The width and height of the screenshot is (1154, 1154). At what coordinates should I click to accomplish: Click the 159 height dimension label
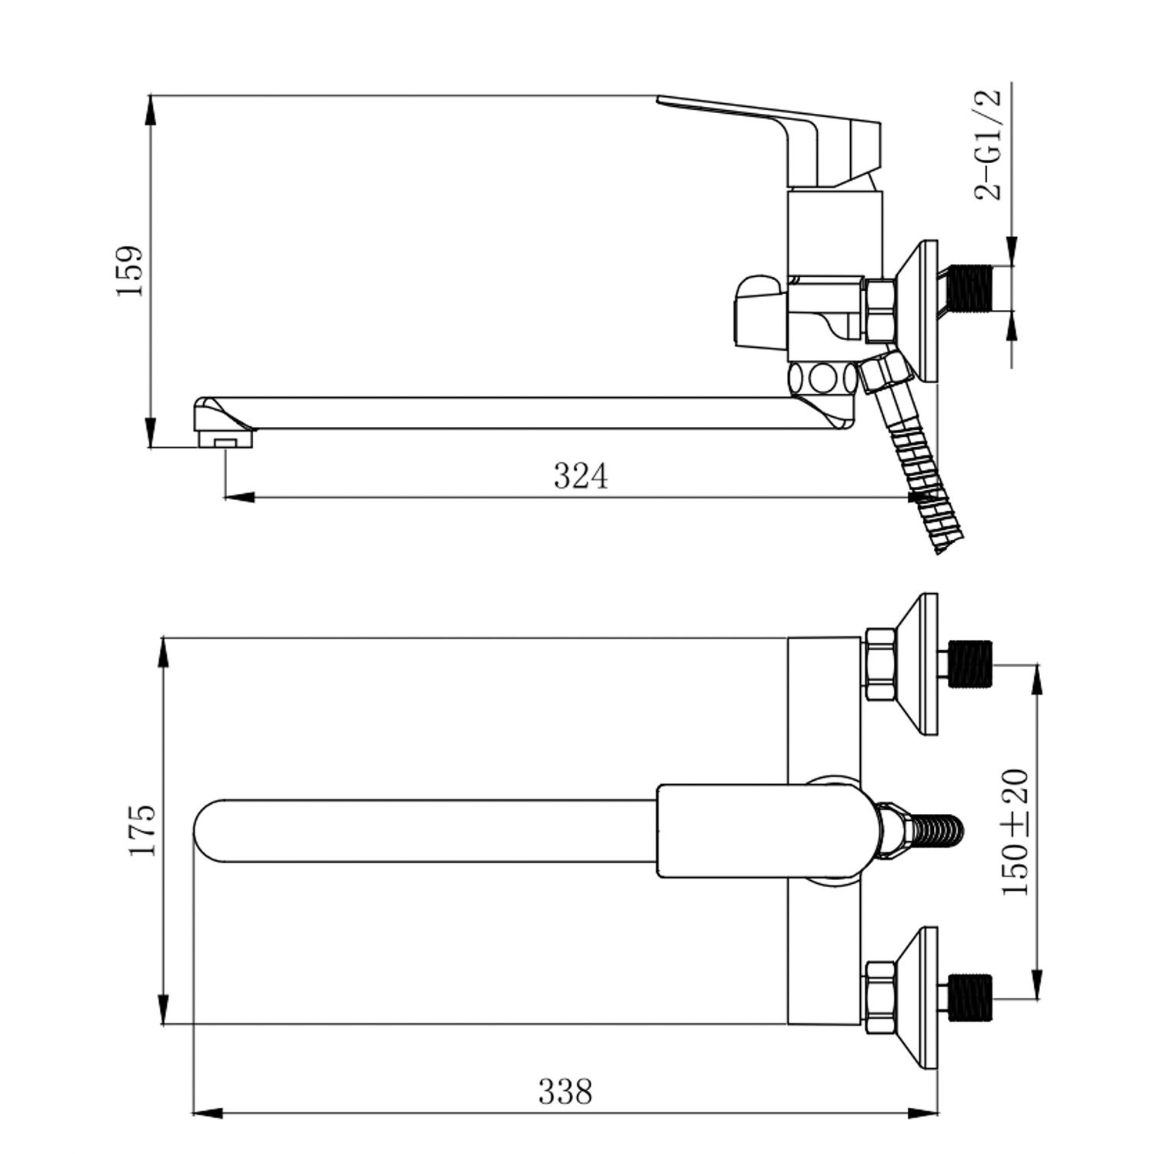(129, 272)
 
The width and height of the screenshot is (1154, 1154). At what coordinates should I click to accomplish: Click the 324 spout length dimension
(581, 476)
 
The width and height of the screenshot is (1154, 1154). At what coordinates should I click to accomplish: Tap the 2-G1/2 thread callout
(989, 145)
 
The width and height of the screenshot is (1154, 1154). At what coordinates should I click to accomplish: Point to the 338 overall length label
(565, 1092)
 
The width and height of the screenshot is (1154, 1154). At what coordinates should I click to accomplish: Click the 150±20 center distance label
(1015, 832)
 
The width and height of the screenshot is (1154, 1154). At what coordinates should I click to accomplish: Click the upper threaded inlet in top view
(971, 662)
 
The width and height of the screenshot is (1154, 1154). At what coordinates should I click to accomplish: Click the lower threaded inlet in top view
(971, 997)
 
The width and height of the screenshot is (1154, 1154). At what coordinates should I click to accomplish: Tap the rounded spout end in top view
(212, 831)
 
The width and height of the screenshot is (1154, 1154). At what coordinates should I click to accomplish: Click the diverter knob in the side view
(760, 311)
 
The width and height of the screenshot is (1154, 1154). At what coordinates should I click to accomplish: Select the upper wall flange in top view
(920, 663)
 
